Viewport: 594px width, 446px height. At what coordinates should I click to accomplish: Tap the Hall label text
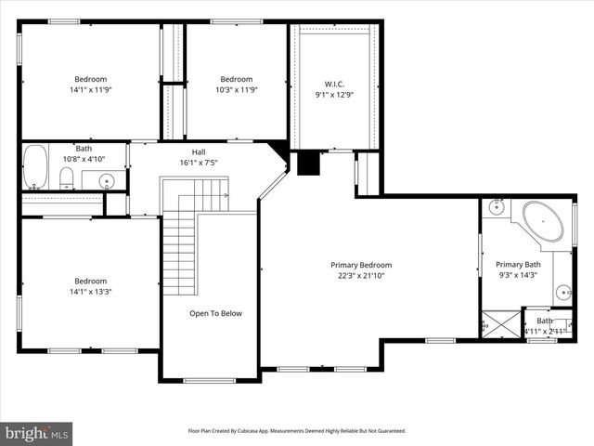point(199,151)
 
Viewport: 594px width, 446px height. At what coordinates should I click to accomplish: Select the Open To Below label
point(215,313)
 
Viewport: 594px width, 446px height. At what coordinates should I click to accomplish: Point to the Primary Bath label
point(517,264)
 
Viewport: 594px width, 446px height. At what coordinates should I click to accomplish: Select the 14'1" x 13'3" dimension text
point(91,292)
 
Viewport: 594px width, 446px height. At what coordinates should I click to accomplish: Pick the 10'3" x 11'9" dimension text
point(237,90)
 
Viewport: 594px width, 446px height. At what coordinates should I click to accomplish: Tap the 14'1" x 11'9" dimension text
point(91,90)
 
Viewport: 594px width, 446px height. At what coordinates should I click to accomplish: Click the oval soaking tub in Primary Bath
point(543,222)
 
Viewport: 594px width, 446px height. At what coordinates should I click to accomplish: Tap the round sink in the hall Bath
point(107,181)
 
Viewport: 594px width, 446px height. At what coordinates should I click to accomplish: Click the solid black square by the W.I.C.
point(305,163)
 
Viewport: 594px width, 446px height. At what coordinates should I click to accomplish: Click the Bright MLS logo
point(37,433)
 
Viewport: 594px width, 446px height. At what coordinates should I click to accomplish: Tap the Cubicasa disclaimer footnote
point(296,431)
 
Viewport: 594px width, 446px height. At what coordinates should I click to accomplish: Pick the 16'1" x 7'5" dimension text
point(199,163)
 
